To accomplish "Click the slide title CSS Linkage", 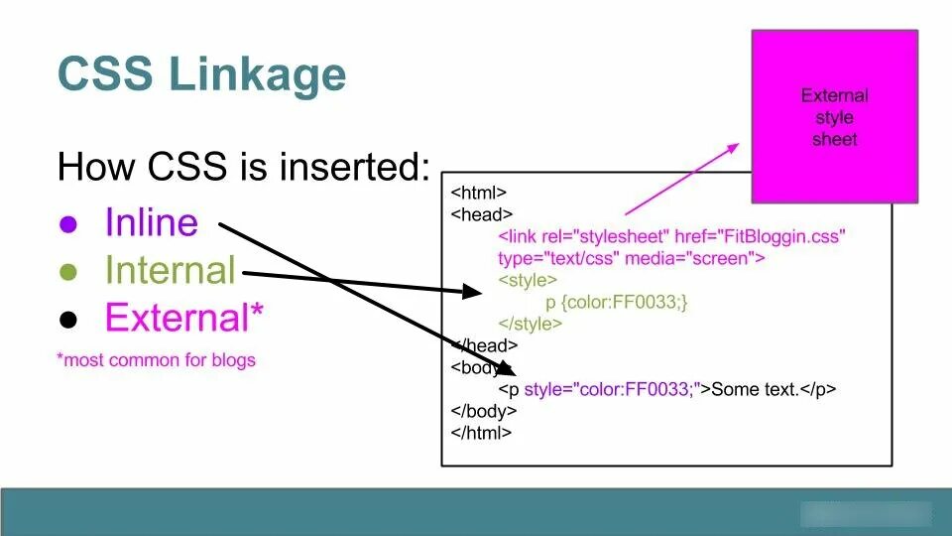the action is (x=201, y=74).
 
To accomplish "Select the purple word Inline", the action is (x=151, y=222).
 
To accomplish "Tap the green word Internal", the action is (x=170, y=270).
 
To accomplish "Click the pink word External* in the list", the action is (x=184, y=318).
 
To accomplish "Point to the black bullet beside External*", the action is (x=68, y=319).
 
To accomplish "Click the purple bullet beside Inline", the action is (x=68, y=223).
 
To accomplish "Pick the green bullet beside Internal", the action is (x=68, y=271).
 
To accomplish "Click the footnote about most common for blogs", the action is (x=156, y=360).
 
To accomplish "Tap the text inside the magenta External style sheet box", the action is (x=834, y=117).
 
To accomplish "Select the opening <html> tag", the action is (x=478, y=193).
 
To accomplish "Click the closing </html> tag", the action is (x=481, y=432).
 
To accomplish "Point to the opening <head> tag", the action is (x=481, y=214).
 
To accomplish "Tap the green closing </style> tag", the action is (x=531, y=324).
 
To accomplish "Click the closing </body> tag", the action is (x=484, y=410).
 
